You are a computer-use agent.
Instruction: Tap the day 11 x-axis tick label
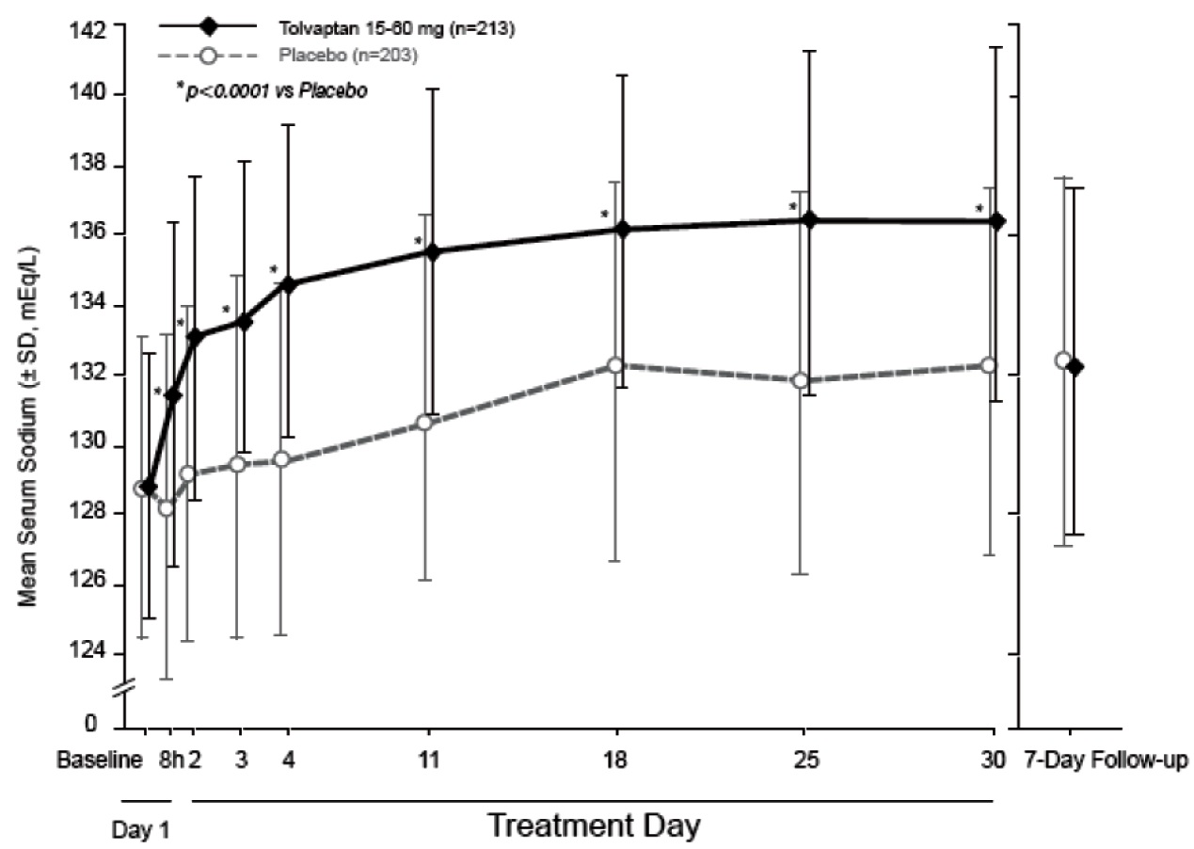tap(429, 760)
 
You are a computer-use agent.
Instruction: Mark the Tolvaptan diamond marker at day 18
tap(618, 229)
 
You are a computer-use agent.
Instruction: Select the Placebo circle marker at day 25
tap(801, 380)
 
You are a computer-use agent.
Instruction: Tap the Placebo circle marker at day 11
tap(424, 423)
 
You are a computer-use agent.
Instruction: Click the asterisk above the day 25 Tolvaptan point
tap(793, 207)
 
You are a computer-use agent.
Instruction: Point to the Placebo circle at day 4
tap(280, 459)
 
